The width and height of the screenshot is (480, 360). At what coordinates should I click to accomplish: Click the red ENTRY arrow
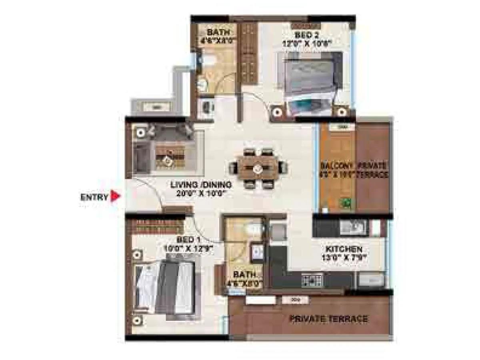coord(116,196)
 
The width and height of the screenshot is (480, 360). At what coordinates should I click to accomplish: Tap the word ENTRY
coord(94,197)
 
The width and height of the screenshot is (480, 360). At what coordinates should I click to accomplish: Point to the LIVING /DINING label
coord(201,185)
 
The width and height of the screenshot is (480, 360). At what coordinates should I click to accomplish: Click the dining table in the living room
coord(257,168)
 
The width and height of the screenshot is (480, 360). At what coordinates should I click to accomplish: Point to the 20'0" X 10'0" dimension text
coord(201,194)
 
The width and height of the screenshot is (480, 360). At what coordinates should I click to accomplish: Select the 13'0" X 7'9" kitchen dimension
coord(344,258)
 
